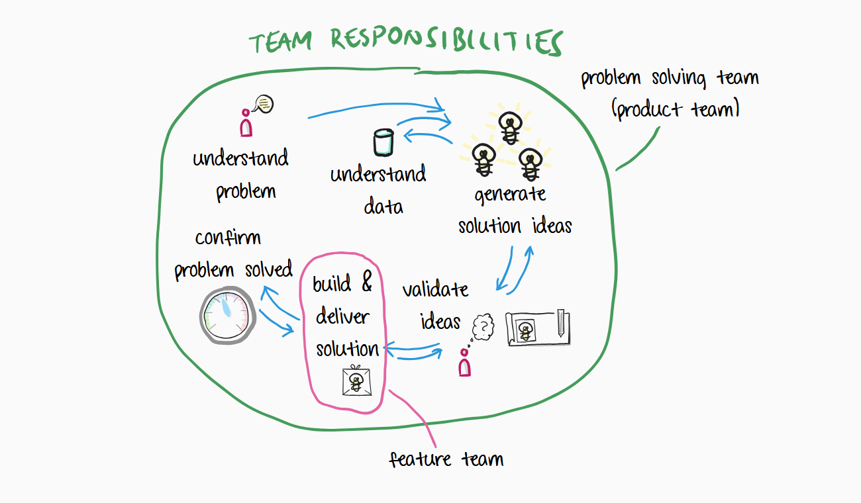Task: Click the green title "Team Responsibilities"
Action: point(405,41)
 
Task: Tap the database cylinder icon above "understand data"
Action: point(383,143)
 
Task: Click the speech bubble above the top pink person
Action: point(264,104)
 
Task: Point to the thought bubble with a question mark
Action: point(485,326)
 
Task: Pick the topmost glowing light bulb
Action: point(509,127)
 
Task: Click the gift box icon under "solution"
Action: point(356,381)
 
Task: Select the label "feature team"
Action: point(446,459)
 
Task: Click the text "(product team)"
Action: point(676,109)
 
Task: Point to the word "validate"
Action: point(435,290)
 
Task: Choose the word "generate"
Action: point(510,196)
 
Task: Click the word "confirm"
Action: point(228,238)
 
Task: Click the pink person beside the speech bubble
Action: point(246,123)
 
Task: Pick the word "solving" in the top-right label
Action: point(672,78)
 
